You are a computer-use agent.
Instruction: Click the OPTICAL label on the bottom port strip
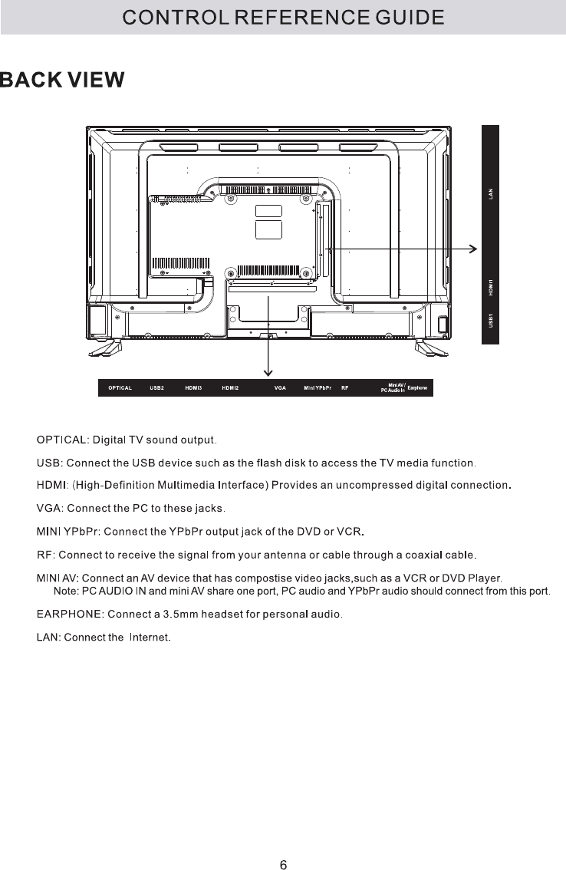120,388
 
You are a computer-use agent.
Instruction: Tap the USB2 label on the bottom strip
157,388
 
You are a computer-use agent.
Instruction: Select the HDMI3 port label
193,388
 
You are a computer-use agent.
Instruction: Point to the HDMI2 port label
231,388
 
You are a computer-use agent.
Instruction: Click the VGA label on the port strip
280,388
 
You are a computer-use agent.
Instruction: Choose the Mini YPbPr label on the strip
318,388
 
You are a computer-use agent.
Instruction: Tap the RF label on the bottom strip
345,388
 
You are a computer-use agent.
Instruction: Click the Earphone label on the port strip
417,387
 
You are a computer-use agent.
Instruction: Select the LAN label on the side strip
491,194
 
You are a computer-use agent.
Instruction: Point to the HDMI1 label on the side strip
491,288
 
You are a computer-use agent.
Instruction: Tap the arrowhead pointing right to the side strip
473,249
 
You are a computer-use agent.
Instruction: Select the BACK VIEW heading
62,81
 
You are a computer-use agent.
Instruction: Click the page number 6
283,844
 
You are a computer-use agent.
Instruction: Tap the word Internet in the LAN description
150,638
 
